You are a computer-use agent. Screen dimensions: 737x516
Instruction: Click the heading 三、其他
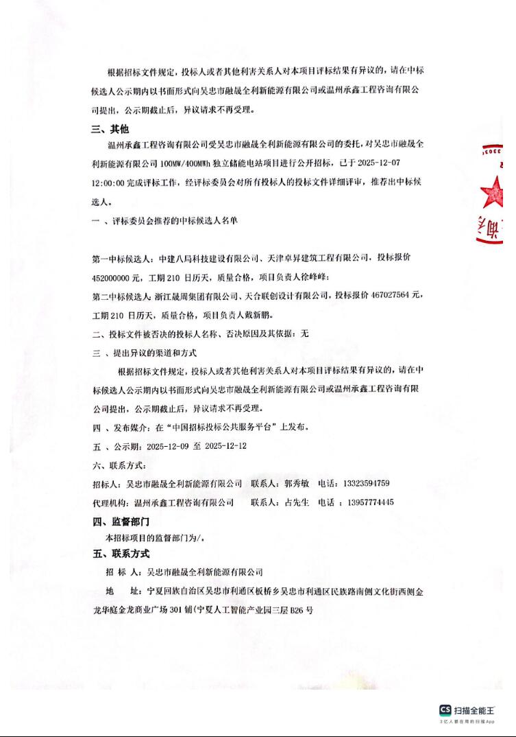pyautogui.click(x=110, y=129)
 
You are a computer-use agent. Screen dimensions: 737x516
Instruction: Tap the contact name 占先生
pyautogui.click(x=297, y=502)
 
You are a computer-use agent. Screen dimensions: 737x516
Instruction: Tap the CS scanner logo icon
pyautogui.click(x=445, y=710)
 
